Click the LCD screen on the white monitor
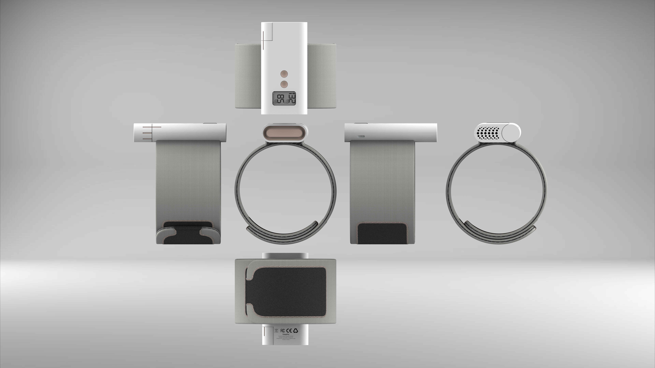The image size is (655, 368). [x=284, y=98]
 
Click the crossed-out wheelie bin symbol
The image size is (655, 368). [x=276, y=331]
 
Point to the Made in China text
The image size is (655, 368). [x=286, y=340]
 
